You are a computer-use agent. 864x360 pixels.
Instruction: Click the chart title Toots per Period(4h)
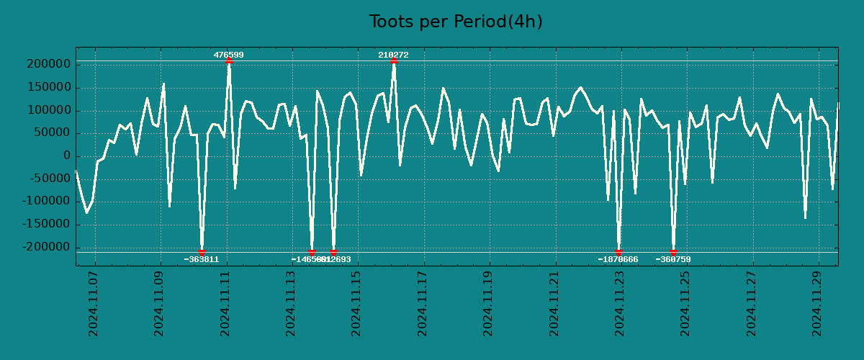pos(455,22)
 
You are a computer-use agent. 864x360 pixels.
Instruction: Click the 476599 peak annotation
pos(228,55)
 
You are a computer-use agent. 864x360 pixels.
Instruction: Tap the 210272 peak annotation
pos(393,55)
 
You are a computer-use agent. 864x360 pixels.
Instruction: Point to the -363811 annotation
pos(201,259)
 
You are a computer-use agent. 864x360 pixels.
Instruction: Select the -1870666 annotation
pos(618,259)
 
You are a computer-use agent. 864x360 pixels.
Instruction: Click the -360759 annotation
pos(673,259)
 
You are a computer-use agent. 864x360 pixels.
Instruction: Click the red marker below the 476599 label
pos(229,61)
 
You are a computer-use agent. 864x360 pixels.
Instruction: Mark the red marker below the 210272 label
pos(394,61)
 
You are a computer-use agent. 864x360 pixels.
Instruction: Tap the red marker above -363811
pos(202,252)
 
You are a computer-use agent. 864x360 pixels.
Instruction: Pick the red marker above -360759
pos(673,252)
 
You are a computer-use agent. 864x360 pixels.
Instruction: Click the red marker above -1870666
pos(618,252)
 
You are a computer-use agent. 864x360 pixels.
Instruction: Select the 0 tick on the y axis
pos(66,156)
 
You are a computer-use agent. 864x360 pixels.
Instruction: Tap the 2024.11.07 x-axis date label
pos(93,307)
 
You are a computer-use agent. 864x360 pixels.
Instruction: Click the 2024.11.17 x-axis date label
pos(423,307)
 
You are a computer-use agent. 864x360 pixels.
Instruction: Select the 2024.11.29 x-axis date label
pos(818,307)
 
